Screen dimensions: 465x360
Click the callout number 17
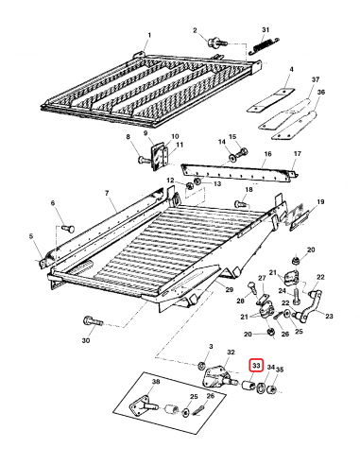point(296,153)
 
